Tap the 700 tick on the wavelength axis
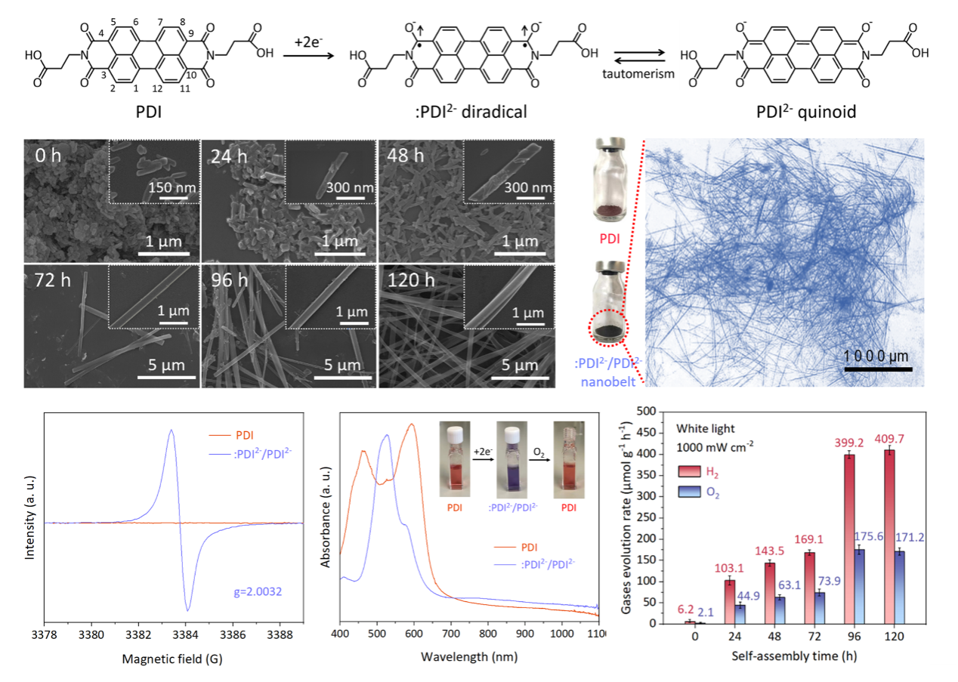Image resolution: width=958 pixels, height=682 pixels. click(526, 635)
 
